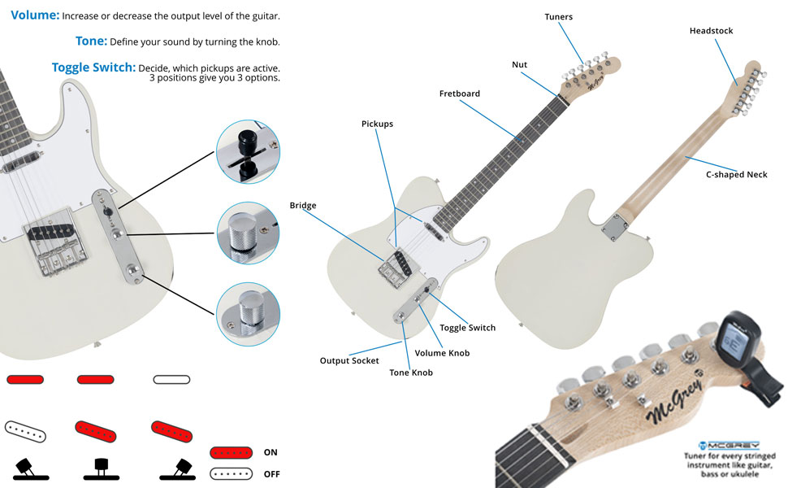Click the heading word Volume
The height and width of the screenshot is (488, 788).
pos(35,15)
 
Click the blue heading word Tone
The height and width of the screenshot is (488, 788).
pos(91,41)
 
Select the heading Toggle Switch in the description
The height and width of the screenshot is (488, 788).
pos(93,68)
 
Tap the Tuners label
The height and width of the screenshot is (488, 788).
pos(558,17)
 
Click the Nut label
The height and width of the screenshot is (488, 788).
pos(518,64)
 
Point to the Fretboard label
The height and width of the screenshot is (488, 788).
pos(460,94)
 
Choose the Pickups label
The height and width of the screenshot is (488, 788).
pos(377,124)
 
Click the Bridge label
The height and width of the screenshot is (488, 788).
pos(303,206)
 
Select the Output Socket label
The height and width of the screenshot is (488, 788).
pos(349,360)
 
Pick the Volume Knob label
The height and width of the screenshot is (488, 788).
pos(442,353)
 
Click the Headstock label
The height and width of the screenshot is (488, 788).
pos(711,31)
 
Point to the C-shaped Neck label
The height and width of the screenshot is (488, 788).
pos(736,174)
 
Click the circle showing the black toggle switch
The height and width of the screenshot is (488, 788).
pos(248,151)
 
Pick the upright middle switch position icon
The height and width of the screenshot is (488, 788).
pos(102,468)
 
